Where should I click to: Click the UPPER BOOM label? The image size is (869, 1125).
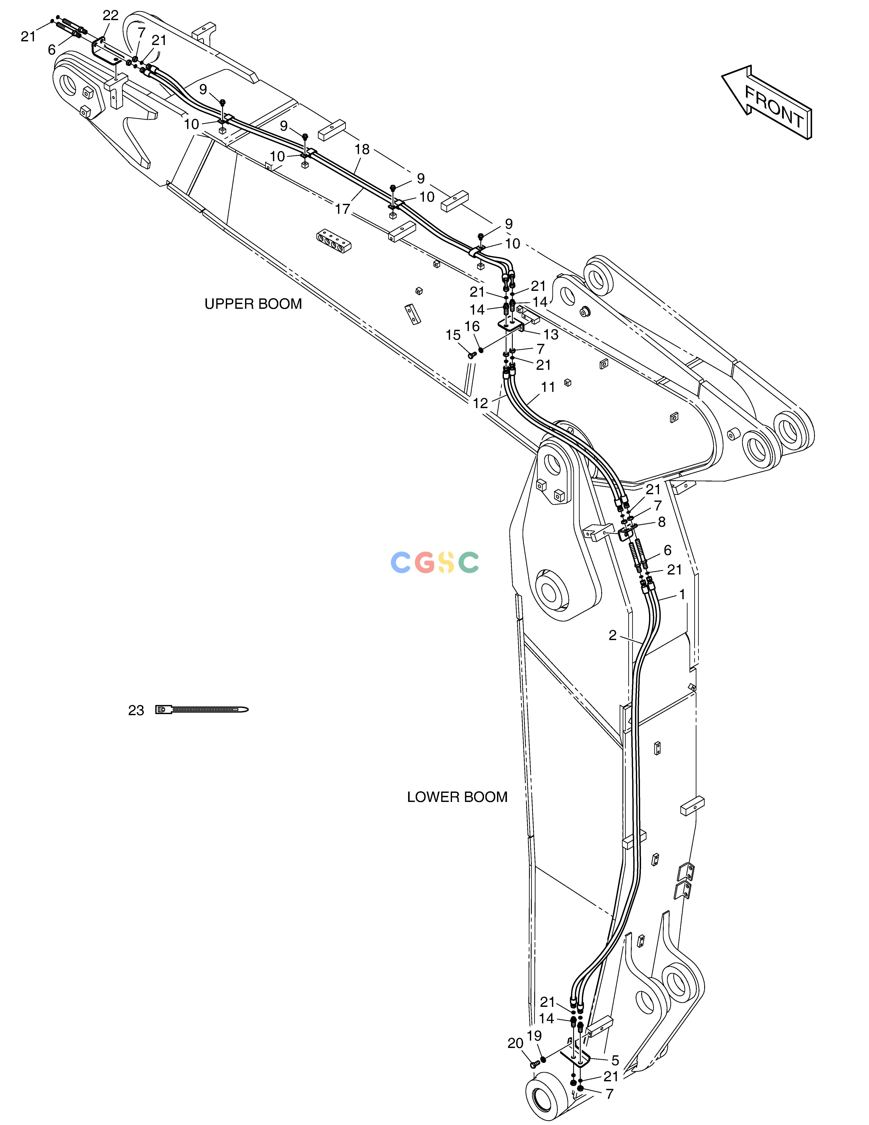click(253, 304)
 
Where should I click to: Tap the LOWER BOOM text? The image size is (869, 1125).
click(457, 797)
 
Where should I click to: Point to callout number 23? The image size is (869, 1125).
click(136, 710)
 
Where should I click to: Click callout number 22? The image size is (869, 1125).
click(111, 15)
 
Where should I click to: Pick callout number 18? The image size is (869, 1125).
click(362, 149)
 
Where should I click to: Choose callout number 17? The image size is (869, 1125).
click(342, 209)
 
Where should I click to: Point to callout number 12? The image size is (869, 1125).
click(480, 403)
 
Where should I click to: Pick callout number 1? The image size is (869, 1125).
click(682, 594)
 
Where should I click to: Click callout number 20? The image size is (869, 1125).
click(515, 1043)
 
